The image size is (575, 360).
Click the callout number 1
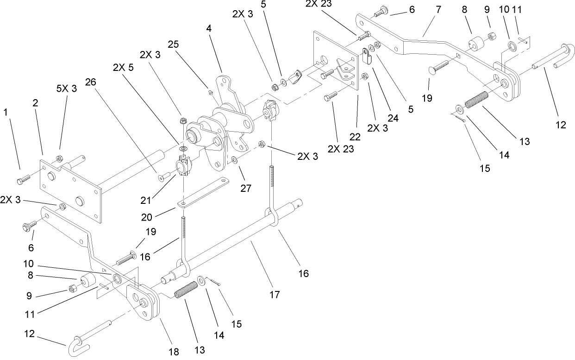6,112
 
